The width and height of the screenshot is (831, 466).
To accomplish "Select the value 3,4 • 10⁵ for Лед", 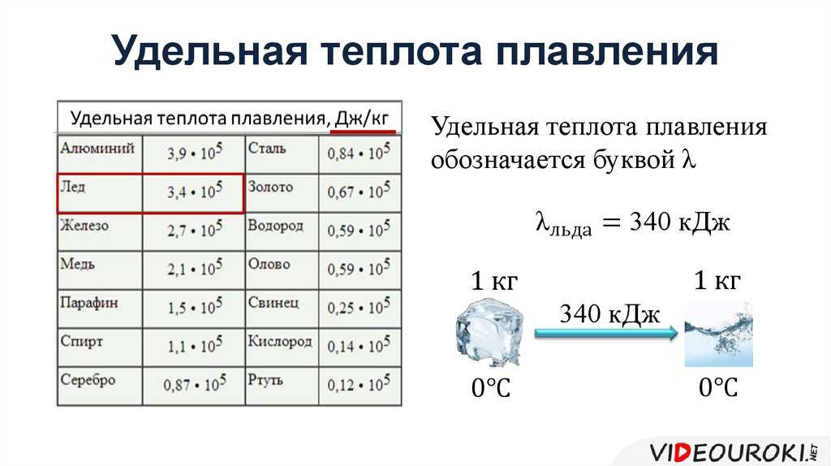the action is (x=195, y=191).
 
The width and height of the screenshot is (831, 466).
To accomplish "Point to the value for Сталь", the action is (x=358, y=153).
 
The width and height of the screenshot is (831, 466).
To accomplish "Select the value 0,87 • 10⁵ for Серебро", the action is (x=195, y=384).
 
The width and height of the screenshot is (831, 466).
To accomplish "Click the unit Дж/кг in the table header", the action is (x=362, y=118).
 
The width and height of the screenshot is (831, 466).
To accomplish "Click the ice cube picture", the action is (x=489, y=332).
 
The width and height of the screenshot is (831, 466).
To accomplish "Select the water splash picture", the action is (x=719, y=332).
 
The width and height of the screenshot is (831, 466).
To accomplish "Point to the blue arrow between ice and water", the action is (x=606, y=333).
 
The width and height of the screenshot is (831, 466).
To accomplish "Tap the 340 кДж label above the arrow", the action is (x=609, y=314).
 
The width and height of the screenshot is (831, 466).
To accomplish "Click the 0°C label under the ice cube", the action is (x=491, y=389).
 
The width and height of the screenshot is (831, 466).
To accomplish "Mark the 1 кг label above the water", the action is (x=717, y=280).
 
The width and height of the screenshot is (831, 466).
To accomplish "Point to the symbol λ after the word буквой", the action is (x=688, y=159).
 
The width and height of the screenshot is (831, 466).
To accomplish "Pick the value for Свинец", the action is (x=358, y=307).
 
